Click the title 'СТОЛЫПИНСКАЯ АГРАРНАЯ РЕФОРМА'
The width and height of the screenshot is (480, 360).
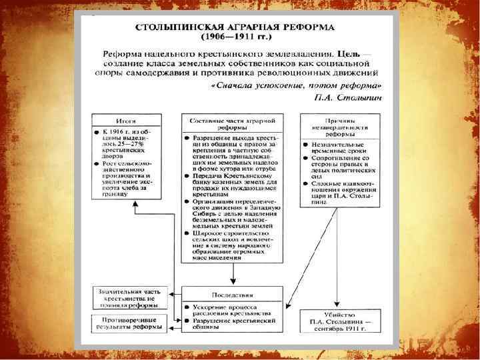tap(235, 30)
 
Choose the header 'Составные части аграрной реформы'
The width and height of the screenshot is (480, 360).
tap(232, 122)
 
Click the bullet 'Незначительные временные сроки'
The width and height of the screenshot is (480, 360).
tap(341, 147)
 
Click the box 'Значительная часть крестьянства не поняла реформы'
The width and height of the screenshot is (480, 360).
tap(127, 297)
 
